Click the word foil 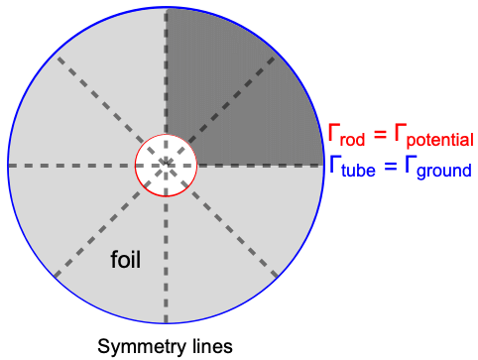pos(126,260)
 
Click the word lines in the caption pos(212,346)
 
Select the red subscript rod pos(352,140)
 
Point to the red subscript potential pos(440,140)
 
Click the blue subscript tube pos(358,171)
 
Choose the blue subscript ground pos(444,172)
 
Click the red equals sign pos(380,134)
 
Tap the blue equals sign pos(391,166)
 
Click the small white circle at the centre pos(166,166)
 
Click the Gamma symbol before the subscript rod pos(333,132)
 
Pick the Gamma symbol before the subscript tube pos(335,163)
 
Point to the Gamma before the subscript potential pos(400,132)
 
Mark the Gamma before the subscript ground pos(410,163)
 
